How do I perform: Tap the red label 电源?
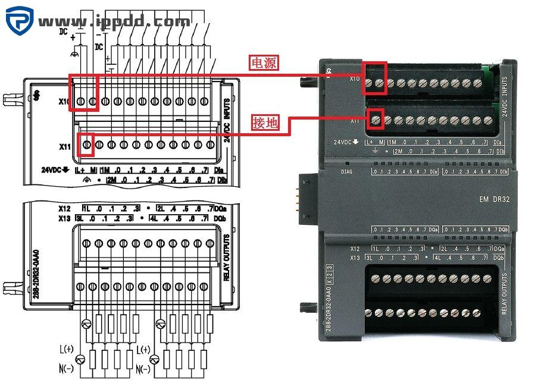coord(264,63)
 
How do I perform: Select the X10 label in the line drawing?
coord(65,102)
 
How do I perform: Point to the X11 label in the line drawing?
coord(65,146)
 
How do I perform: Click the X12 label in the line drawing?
coord(64,209)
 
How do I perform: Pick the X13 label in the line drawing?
coord(64,218)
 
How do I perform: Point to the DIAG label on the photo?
coord(348,172)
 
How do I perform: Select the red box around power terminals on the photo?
coord(376,79)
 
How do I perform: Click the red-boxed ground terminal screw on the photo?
coord(376,120)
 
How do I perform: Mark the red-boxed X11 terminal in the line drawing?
coord(87,145)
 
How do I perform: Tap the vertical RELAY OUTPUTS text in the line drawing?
coord(226,257)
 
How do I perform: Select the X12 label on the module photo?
coord(355,249)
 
